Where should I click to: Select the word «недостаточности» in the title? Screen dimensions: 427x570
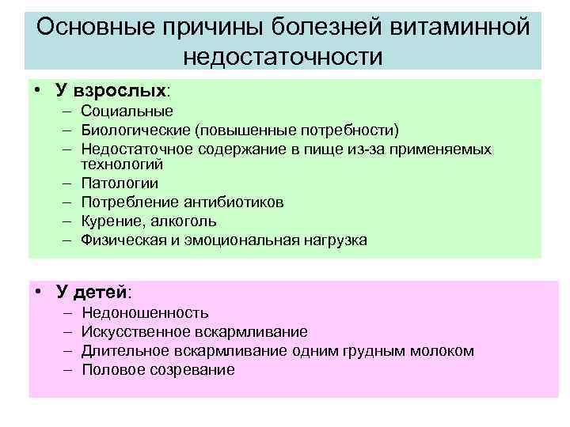283,56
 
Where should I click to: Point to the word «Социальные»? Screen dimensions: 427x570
127,111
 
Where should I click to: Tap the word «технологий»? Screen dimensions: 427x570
122,164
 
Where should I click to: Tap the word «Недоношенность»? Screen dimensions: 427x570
146,313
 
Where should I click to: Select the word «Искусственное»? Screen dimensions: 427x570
135,331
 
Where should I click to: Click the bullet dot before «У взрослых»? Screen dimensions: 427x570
38,92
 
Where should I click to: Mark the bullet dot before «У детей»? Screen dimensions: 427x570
38,292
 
